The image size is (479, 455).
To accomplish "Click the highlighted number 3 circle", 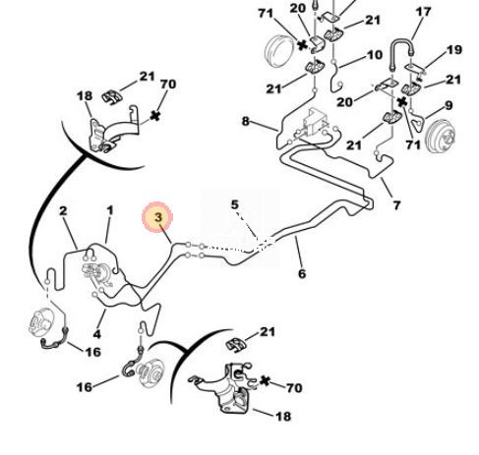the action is pyautogui.click(x=157, y=217).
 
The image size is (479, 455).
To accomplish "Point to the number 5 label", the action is pyautogui.click(x=235, y=204).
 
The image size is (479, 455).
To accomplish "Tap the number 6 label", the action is pyautogui.click(x=302, y=273).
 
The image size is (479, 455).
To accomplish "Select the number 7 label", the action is pyautogui.click(x=396, y=205).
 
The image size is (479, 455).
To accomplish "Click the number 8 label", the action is pyautogui.click(x=246, y=121).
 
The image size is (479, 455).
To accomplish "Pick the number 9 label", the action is pyautogui.click(x=449, y=105).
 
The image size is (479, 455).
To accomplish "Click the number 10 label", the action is pyautogui.click(x=375, y=55).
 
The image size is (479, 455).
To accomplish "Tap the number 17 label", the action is pyautogui.click(x=423, y=12).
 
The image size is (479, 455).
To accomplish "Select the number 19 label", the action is pyautogui.click(x=454, y=50).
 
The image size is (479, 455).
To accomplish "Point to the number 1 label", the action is pyautogui.click(x=110, y=210).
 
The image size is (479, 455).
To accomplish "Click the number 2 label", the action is pyautogui.click(x=63, y=210).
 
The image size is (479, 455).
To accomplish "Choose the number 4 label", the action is pyautogui.click(x=97, y=334).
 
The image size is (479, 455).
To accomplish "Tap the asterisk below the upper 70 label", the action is pyautogui.click(x=155, y=116).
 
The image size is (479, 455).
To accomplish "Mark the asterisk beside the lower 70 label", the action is pyautogui.click(x=265, y=381).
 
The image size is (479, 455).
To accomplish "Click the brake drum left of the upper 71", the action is pyautogui.click(x=279, y=51).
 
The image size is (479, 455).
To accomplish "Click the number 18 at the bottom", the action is pyautogui.click(x=283, y=417).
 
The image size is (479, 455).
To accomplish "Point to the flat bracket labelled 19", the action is pyautogui.click(x=415, y=69).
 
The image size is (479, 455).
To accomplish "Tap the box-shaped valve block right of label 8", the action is pyautogui.click(x=316, y=120).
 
